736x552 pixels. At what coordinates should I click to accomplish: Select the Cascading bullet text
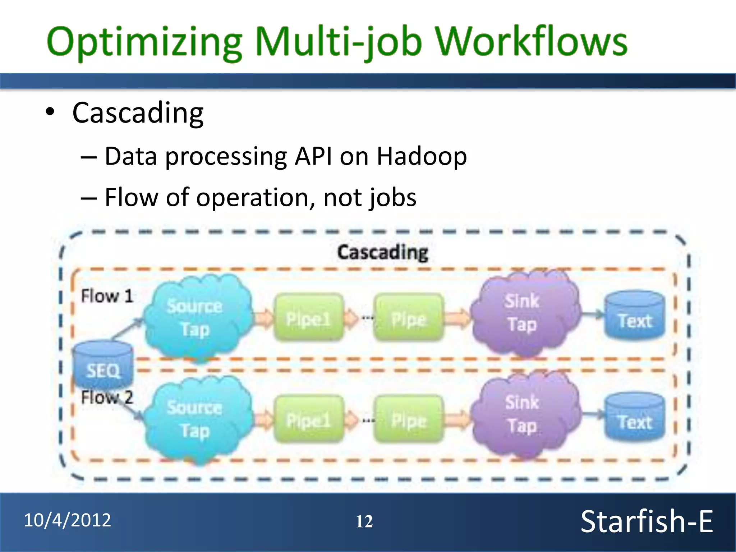138,113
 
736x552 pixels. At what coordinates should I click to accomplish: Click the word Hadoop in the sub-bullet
422,157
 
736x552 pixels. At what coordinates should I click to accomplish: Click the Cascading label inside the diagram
382,252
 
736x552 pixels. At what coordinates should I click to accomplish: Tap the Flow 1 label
107,296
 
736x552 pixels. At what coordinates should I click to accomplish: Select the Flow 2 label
107,397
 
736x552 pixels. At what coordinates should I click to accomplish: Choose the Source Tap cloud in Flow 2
196,419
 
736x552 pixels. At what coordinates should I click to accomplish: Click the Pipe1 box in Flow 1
308,318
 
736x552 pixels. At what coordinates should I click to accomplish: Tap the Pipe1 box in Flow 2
308,420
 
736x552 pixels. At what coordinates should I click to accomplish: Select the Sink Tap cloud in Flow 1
523,313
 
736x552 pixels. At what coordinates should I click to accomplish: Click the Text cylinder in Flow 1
635,316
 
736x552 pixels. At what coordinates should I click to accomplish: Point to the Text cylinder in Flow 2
635,418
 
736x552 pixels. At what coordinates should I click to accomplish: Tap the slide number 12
364,521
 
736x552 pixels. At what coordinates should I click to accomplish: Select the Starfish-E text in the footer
646,521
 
